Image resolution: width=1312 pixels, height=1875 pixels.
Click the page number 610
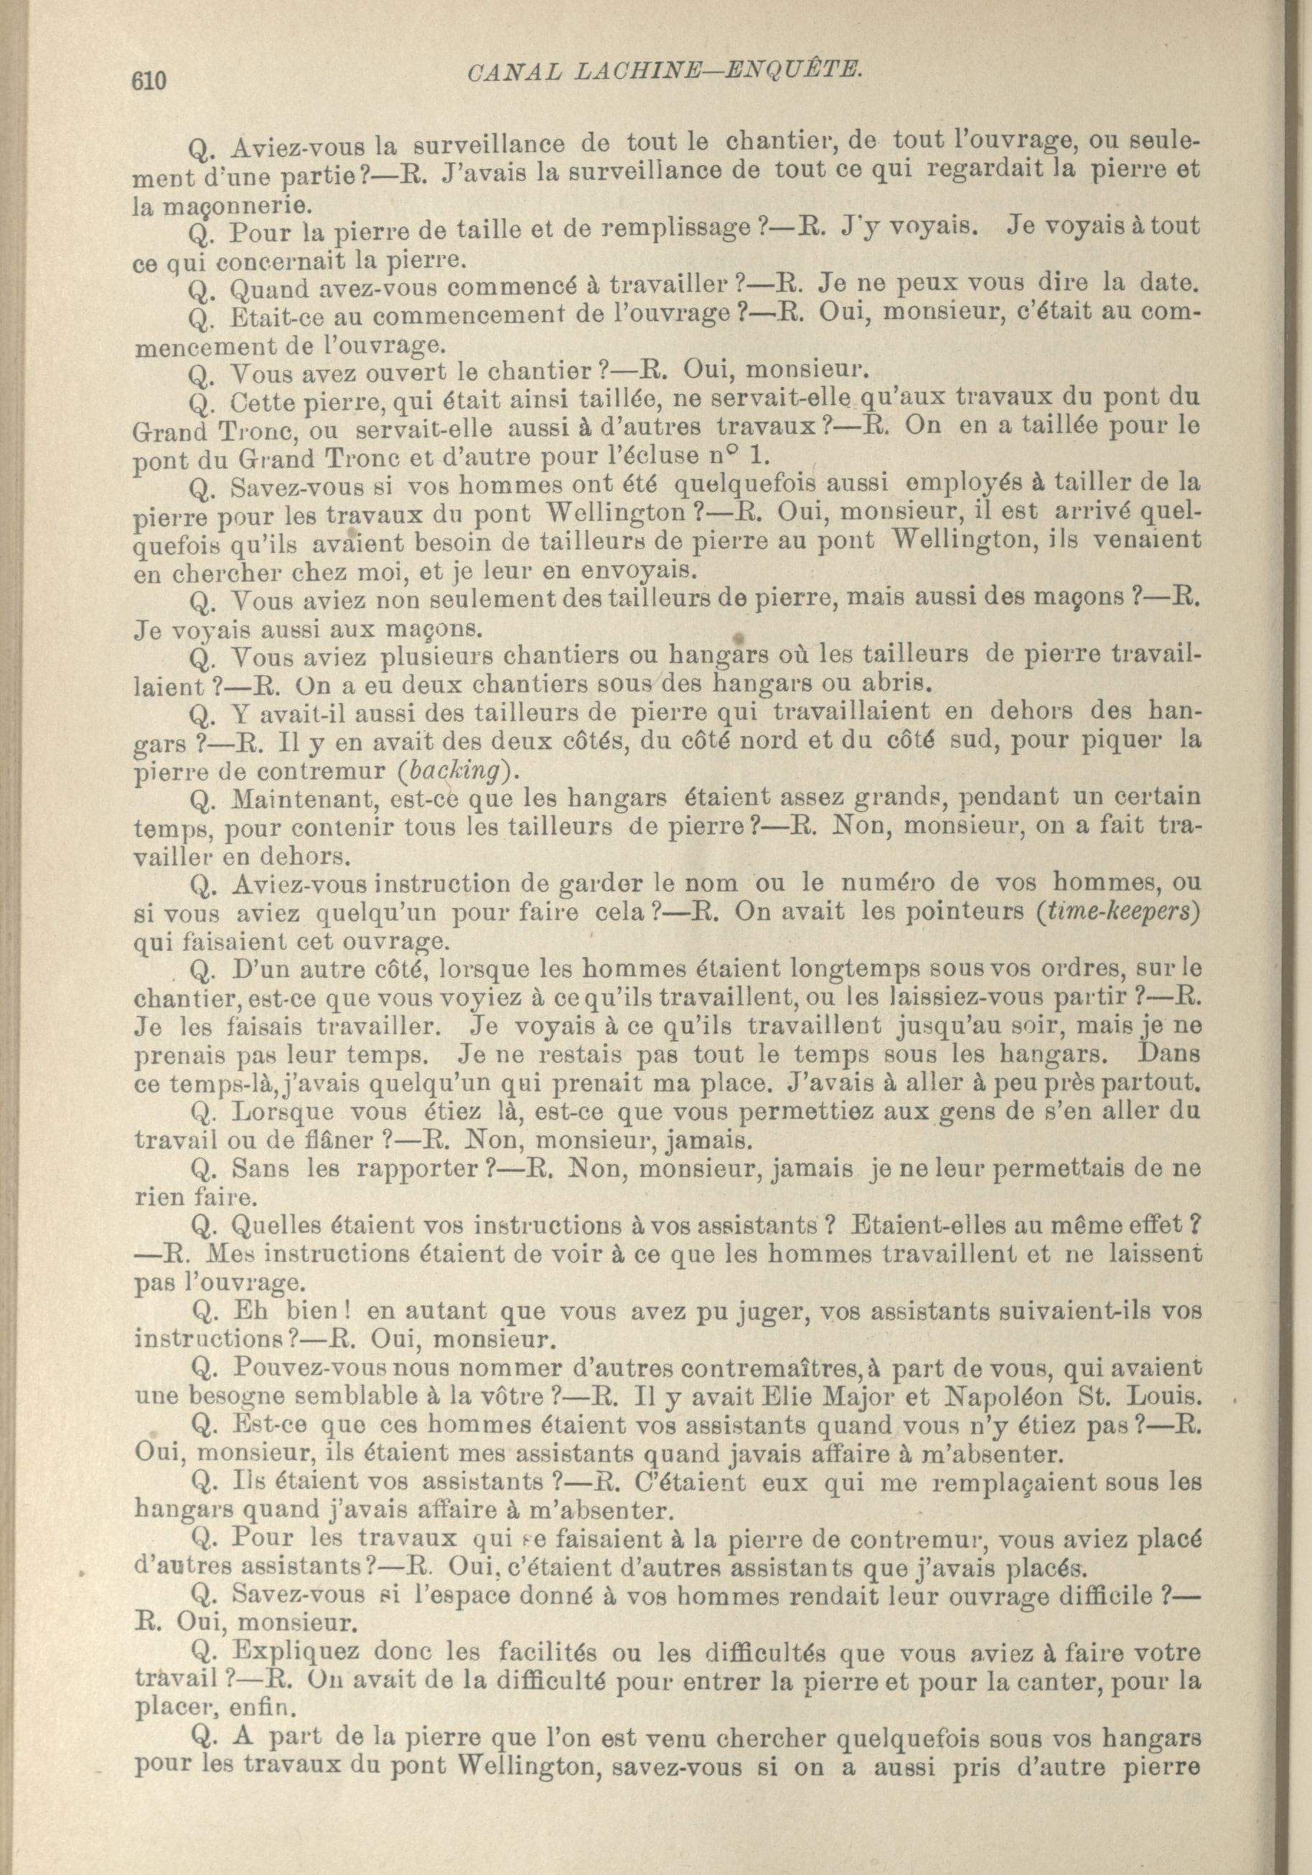pos(147,83)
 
